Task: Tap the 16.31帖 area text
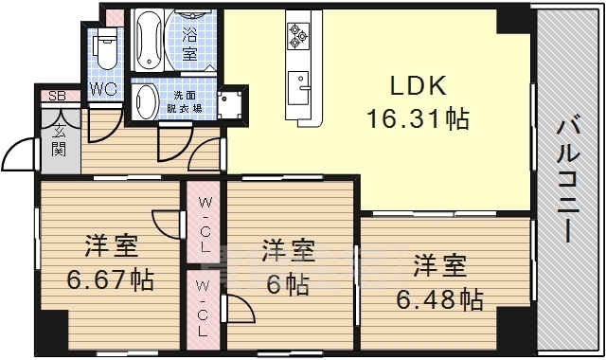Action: pyautogui.click(x=418, y=119)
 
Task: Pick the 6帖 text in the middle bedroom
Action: pyautogui.click(x=287, y=283)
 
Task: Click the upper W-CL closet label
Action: pyautogui.click(x=205, y=225)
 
